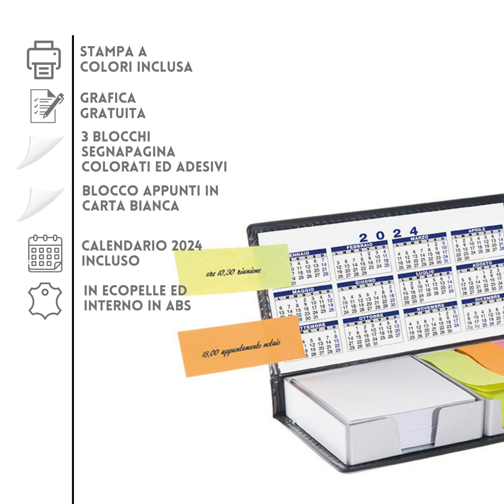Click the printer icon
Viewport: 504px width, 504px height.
(x=44, y=60)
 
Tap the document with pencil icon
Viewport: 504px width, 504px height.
(x=47, y=106)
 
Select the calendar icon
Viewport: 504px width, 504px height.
(x=45, y=254)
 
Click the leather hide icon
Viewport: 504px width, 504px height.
(x=45, y=300)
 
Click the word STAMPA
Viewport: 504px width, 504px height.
(x=107, y=52)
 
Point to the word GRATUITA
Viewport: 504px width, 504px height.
(x=113, y=113)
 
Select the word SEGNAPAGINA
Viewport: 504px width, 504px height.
(x=128, y=152)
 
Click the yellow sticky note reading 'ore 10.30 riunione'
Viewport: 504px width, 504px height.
(x=233, y=270)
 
